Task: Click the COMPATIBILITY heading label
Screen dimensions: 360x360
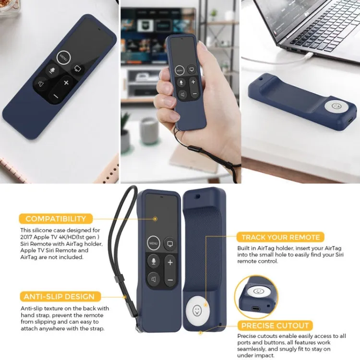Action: click(x=56, y=219)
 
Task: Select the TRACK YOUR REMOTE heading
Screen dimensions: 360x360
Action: click(x=280, y=237)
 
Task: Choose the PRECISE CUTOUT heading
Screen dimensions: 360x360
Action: click(x=275, y=325)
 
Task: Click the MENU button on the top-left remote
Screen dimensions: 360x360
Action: click(x=63, y=57)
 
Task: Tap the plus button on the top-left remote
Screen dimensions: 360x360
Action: click(x=66, y=83)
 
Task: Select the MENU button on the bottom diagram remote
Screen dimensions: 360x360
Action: click(x=153, y=243)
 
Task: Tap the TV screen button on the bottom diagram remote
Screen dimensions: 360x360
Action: click(x=169, y=243)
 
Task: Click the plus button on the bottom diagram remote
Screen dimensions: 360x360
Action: click(x=169, y=262)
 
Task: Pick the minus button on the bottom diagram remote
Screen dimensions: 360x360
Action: click(x=169, y=280)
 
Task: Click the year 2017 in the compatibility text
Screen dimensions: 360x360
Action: click(x=28, y=237)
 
